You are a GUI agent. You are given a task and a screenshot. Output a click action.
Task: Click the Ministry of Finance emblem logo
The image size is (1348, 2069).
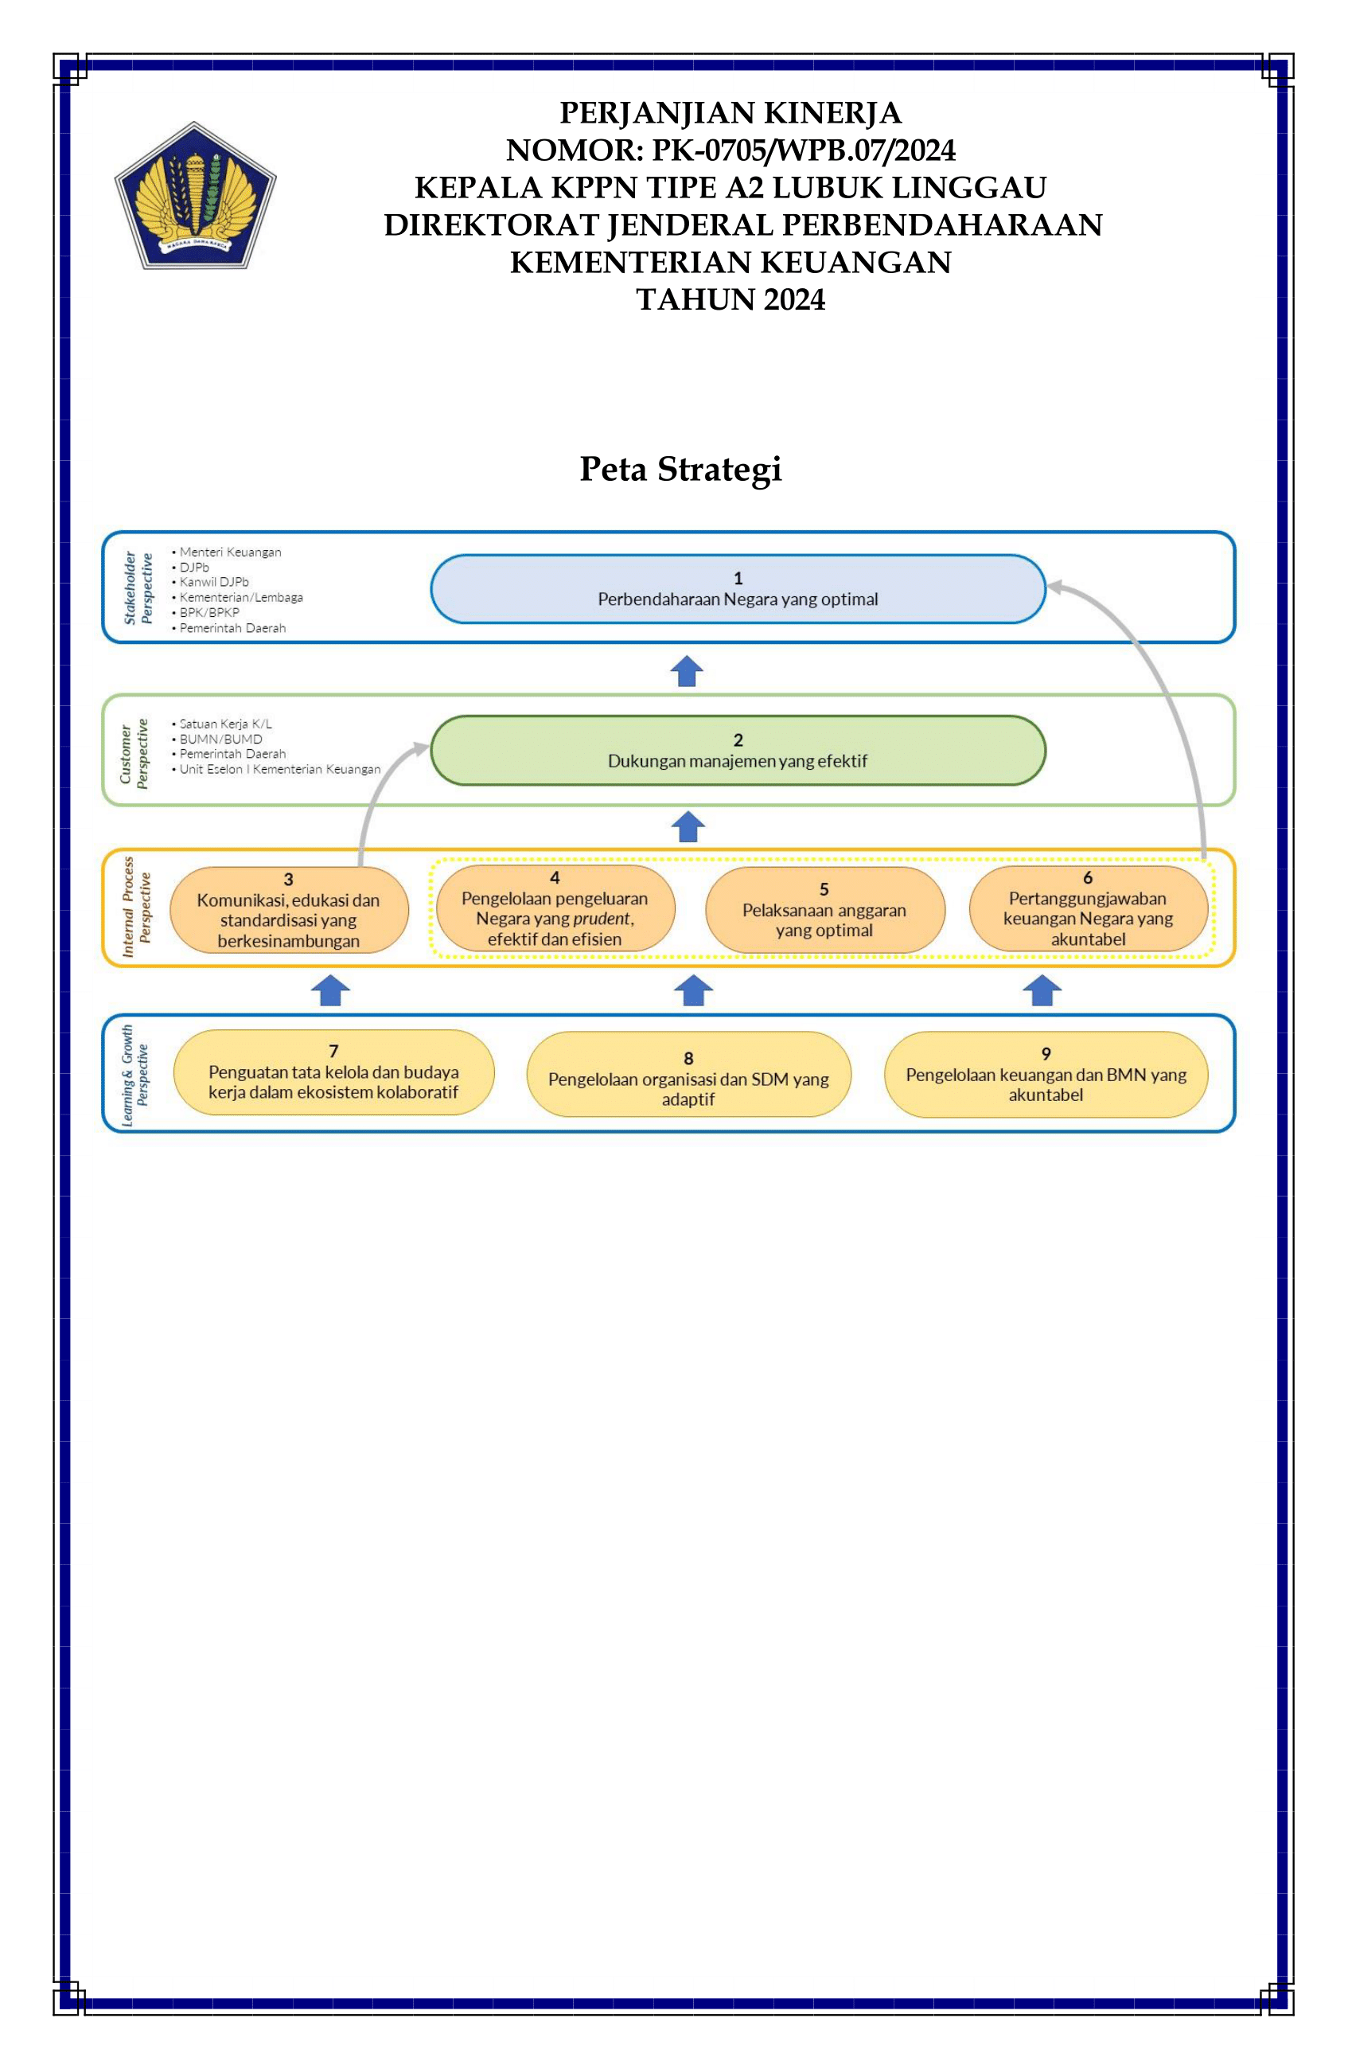(195, 196)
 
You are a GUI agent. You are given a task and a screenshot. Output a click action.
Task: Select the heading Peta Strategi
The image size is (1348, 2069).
(680, 469)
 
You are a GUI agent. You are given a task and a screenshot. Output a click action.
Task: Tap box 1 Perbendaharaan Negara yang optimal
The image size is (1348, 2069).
(738, 589)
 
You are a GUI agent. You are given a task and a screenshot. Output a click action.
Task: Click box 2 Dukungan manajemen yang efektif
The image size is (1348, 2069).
(738, 750)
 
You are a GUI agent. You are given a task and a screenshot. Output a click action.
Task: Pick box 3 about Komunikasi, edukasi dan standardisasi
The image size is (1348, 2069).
(289, 909)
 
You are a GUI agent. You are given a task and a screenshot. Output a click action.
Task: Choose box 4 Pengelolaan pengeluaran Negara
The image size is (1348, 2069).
(555, 908)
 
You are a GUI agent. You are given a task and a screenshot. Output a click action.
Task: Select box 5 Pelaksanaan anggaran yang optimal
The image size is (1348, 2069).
(824, 909)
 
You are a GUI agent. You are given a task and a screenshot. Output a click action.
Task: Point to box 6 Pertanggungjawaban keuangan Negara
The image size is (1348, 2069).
(1088, 908)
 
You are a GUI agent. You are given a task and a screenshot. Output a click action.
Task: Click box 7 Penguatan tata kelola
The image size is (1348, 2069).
(333, 1072)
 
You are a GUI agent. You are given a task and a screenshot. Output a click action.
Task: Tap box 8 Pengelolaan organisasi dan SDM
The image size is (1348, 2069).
(688, 1075)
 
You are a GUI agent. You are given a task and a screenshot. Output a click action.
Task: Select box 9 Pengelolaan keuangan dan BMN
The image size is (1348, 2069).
(1046, 1075)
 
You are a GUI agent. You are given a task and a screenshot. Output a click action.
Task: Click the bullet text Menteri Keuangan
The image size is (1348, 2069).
(230, 552)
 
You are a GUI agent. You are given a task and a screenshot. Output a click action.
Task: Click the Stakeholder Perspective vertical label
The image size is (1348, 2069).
(138, 588)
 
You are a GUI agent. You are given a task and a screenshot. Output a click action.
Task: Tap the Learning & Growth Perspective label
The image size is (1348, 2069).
(134, 1075)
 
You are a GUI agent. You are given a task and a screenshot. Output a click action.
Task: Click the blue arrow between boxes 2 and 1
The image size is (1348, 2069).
(687, 671)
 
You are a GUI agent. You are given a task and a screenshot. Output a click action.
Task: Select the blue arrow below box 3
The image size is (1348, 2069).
(330, 990)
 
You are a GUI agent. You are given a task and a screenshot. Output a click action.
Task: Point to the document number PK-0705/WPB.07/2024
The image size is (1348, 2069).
(804, 150)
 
